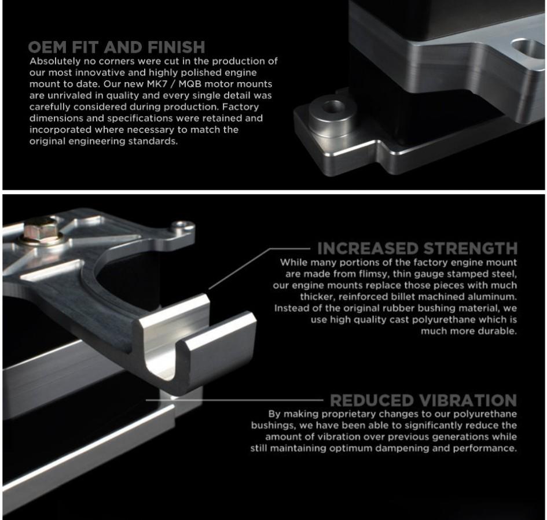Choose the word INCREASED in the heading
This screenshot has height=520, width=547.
point(366,249)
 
